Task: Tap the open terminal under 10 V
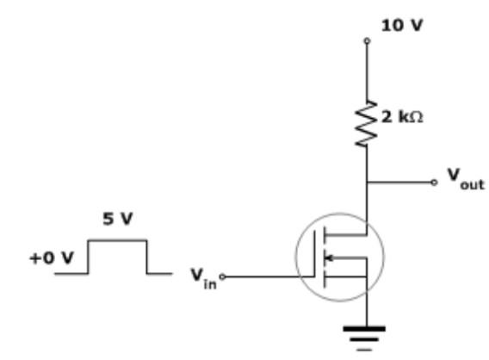(x=368, y=40)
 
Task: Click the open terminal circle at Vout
(x=434, y=182)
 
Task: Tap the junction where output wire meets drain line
(x=368, y=182)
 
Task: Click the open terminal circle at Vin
(x=222, y=277)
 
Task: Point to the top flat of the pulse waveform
(x=118, y=240)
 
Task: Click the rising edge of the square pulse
(x=89, y=257)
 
